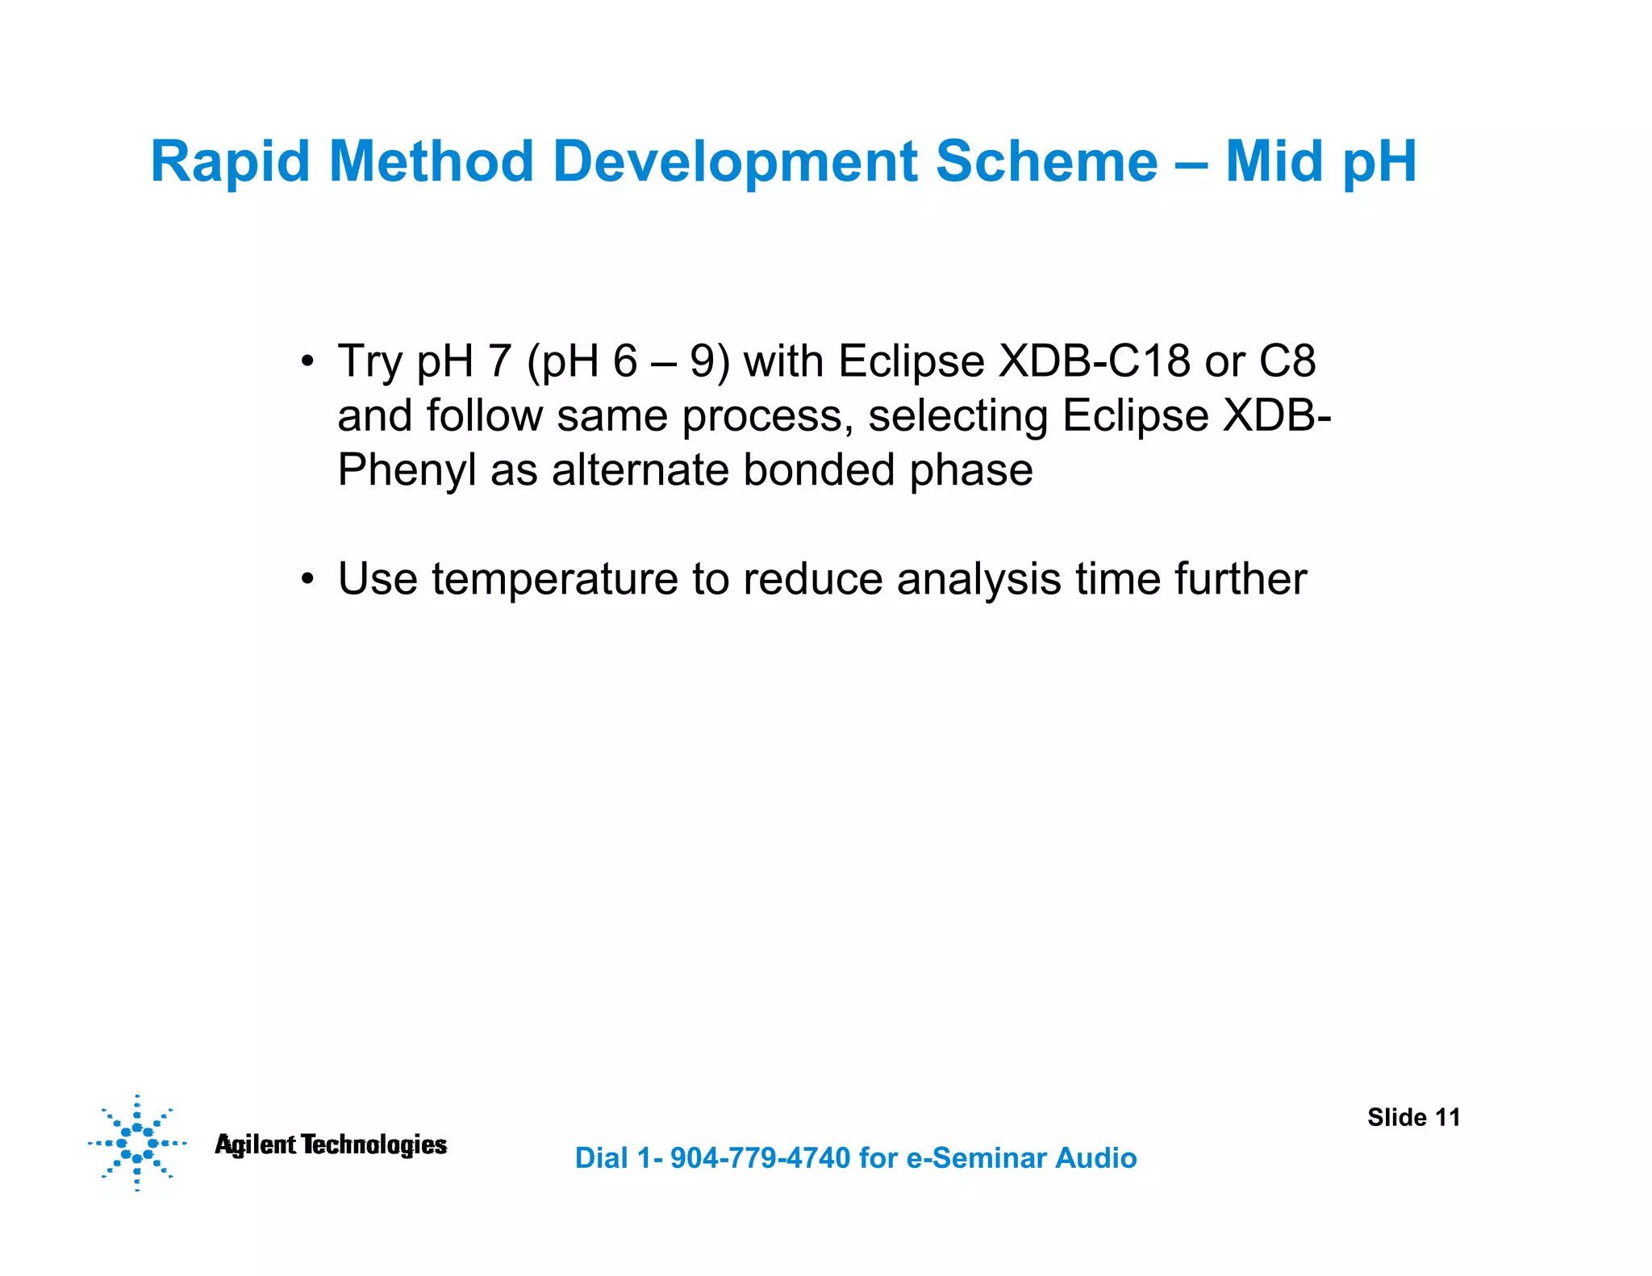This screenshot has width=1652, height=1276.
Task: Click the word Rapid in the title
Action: [x=230, y=163]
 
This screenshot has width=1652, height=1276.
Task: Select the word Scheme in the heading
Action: [x=1046, y=161]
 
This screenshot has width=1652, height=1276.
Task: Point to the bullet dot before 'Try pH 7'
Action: [x=307, y=361]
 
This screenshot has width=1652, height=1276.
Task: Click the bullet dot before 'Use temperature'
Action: [x=307, y=580]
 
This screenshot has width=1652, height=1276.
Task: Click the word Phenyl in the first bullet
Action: [x=407, y=471]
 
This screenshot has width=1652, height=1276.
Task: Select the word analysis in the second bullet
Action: [x=978, y=579]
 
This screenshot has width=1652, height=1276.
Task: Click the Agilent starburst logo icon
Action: [x=137, y=1143]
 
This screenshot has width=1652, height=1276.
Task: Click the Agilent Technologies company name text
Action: [x=331, y=1145]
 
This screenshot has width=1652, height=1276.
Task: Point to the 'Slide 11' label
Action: [x=1413, y=1117]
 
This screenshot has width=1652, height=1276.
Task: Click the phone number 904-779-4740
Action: [x=760, y=1158]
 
